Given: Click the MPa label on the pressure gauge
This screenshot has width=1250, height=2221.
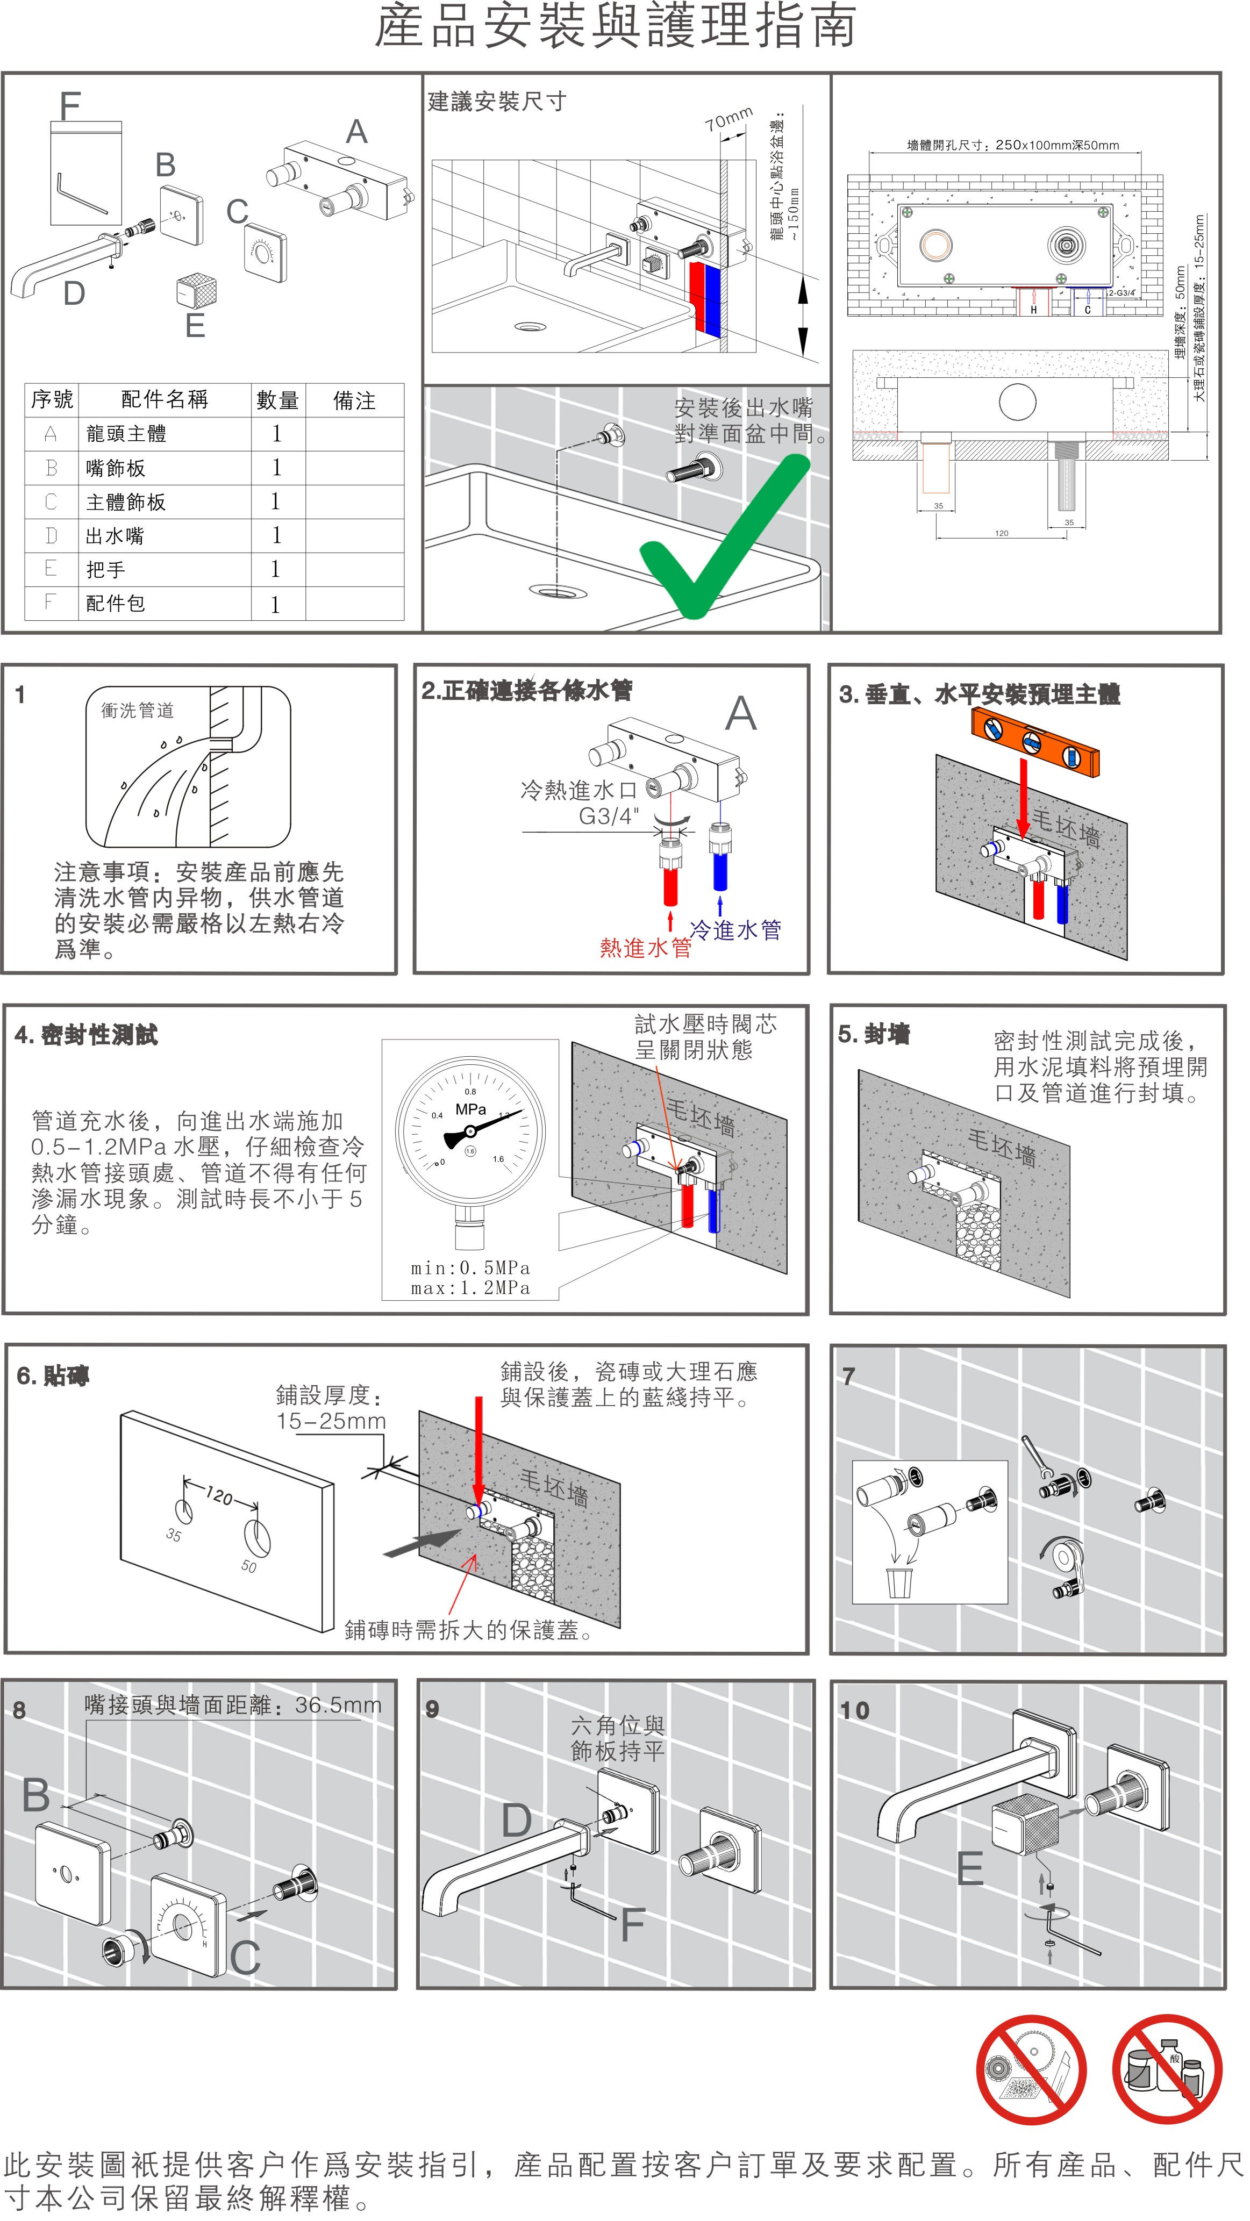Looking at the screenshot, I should tap(470, 1109).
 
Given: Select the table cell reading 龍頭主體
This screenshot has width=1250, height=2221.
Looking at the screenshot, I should tap(126, 434).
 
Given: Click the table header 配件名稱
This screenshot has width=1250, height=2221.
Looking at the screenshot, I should tap(164, 399).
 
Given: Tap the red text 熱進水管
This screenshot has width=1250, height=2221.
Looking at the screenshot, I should tap(645, 948).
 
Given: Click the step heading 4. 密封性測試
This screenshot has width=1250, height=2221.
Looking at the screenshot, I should tap(86, 1035).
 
